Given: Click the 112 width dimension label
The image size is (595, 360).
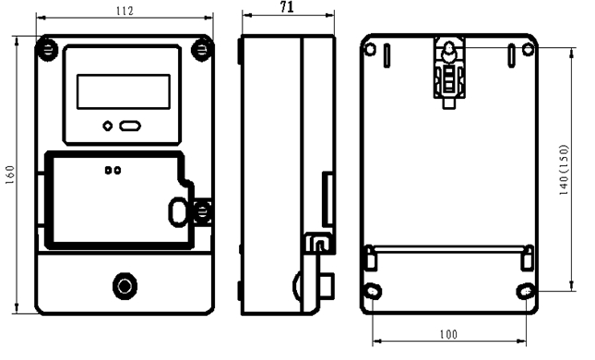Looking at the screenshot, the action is click(x=125, y=11).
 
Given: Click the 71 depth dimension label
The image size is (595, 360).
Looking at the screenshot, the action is click(x=287, y=6).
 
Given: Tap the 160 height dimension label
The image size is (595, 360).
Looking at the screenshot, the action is click(x=10, y=174).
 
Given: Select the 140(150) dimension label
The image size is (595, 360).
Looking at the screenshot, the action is click(x=565, y=170).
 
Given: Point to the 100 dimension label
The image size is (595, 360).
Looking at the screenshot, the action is click(x=448, y=334).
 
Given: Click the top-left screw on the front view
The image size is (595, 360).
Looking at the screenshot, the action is click(x=46, y=49).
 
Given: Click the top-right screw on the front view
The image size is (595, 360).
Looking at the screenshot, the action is click(x=202, y=49).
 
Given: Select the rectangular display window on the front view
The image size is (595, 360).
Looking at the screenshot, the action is click(x=124, y=91).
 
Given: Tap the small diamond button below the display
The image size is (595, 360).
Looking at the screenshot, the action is click(x=108, y=126).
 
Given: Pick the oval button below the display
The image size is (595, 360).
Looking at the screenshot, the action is click(x=130, y=126).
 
